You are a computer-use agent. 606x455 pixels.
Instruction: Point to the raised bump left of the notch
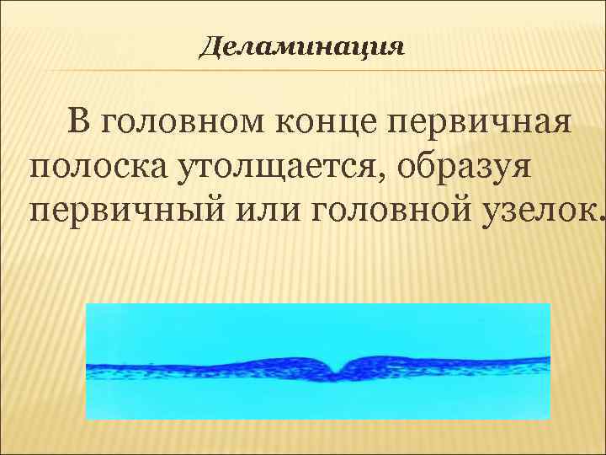(311, 361)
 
